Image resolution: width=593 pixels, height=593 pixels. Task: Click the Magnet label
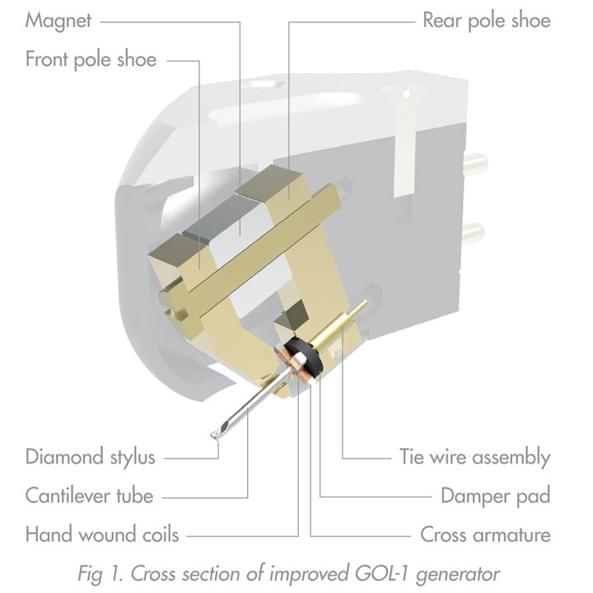[58, 21]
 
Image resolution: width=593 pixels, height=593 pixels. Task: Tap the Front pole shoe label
[91, 60]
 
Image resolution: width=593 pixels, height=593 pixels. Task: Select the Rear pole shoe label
[487, 20]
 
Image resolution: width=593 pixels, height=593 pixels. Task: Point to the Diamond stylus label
[91, 456]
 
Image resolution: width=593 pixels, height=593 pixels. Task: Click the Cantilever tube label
[89, 496]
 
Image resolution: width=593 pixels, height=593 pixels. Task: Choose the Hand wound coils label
[102, 535]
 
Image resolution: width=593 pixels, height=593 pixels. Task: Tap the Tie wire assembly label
[475, 457]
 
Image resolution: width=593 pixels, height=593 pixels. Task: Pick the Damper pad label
[496, 496]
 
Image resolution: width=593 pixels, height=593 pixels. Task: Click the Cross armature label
[486, 535]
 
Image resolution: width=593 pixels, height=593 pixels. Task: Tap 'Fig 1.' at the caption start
[100, 574]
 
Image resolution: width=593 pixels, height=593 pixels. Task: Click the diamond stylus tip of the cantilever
[213, 436]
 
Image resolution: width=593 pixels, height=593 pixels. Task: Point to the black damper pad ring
[305, 354]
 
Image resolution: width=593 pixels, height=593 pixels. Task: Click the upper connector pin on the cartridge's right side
[475, 164]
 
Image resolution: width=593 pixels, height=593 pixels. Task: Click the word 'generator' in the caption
[458, 575]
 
